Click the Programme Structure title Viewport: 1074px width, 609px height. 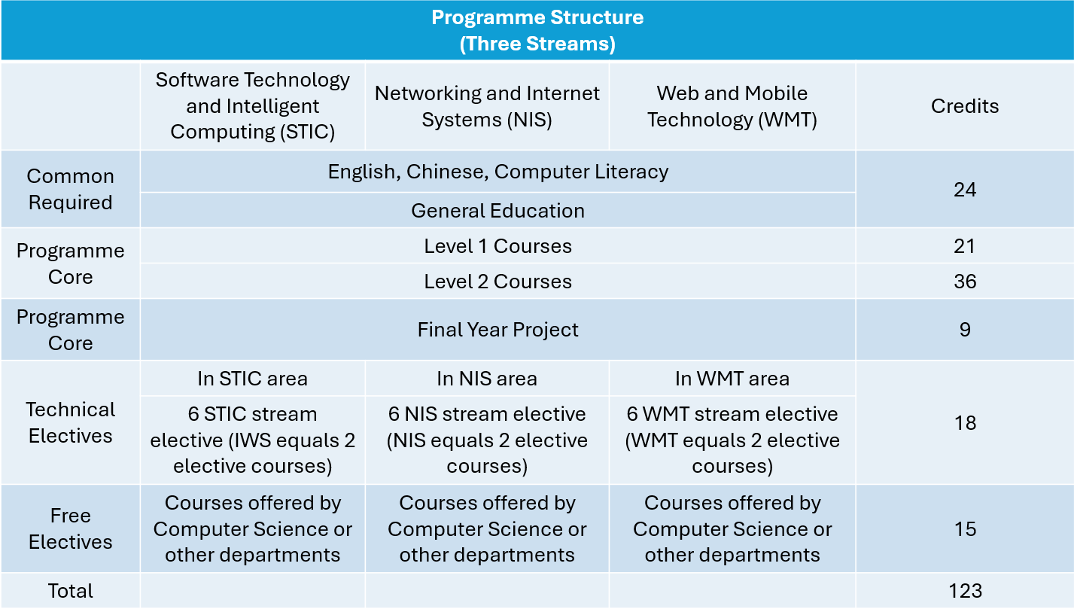537,30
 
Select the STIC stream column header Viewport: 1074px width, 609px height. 252,106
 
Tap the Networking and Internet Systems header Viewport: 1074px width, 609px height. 487,106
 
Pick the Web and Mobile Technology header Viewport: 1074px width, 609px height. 732,106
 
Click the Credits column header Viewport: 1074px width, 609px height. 965,106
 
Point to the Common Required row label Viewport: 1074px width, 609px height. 70,189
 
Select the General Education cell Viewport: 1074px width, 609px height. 497,211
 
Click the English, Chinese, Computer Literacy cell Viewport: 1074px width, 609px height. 497,172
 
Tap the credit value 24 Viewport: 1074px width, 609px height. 965,190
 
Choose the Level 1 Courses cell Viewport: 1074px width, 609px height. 497,246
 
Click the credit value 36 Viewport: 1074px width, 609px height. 965,282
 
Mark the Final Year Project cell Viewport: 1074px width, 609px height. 497,330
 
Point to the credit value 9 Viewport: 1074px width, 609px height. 965,330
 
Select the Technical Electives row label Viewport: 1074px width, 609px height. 70,422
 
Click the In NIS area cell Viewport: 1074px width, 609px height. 487,379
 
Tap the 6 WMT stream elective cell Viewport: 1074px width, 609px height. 732,440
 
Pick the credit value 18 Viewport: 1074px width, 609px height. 965,423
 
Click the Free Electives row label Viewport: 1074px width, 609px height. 70,528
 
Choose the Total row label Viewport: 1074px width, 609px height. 70,591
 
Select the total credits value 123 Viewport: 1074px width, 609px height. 965,591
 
